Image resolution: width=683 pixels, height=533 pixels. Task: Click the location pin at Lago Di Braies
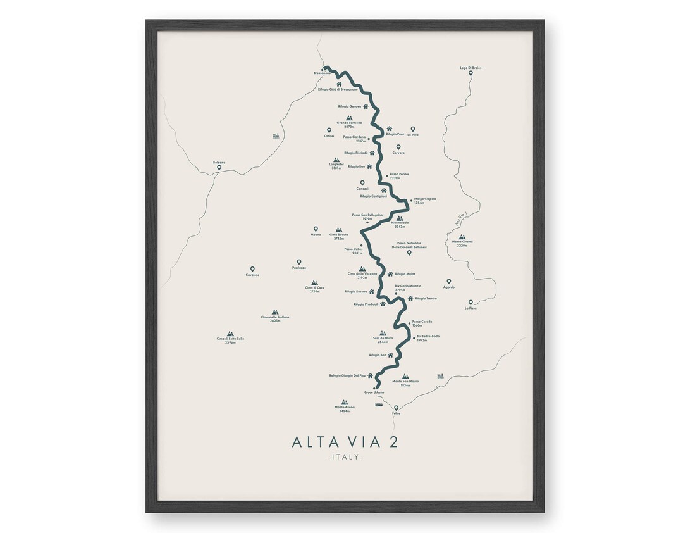click(471, 73)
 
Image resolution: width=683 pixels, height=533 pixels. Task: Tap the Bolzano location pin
click(219, 168)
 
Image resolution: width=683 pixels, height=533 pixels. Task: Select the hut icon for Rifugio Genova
click(366, 106)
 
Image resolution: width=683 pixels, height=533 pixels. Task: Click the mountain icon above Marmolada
click(400, 218)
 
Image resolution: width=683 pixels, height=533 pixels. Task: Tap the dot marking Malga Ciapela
click(411, 200)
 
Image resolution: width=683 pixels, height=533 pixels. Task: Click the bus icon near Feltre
click(379, 404)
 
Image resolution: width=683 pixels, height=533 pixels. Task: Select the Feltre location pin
click(397, 408)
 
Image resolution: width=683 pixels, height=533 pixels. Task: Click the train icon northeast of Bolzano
click(276, 135)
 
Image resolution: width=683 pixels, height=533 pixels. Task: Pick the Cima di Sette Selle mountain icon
click(230, 334)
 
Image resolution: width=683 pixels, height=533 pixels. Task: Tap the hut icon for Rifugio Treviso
click(410, 298)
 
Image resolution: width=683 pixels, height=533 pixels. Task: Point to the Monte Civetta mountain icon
click(462, 237)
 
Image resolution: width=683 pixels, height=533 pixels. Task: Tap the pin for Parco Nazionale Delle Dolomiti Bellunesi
click(409, 253)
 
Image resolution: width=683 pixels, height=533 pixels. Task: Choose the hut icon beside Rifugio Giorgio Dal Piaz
click(371, 375)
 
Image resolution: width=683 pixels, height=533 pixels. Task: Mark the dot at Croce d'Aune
click(374, 387)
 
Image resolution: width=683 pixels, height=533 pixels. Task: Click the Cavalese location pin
click(252, 269)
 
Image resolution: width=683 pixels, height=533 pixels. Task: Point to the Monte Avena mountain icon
click(345, 402)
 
